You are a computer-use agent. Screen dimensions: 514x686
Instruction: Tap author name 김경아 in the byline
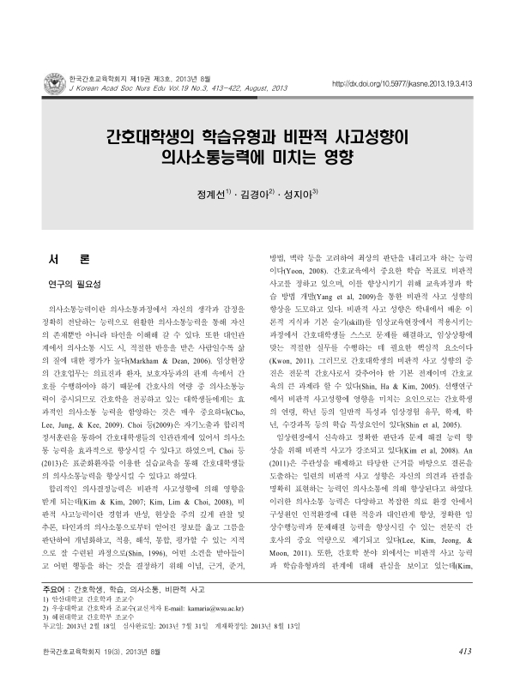(257, 193)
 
